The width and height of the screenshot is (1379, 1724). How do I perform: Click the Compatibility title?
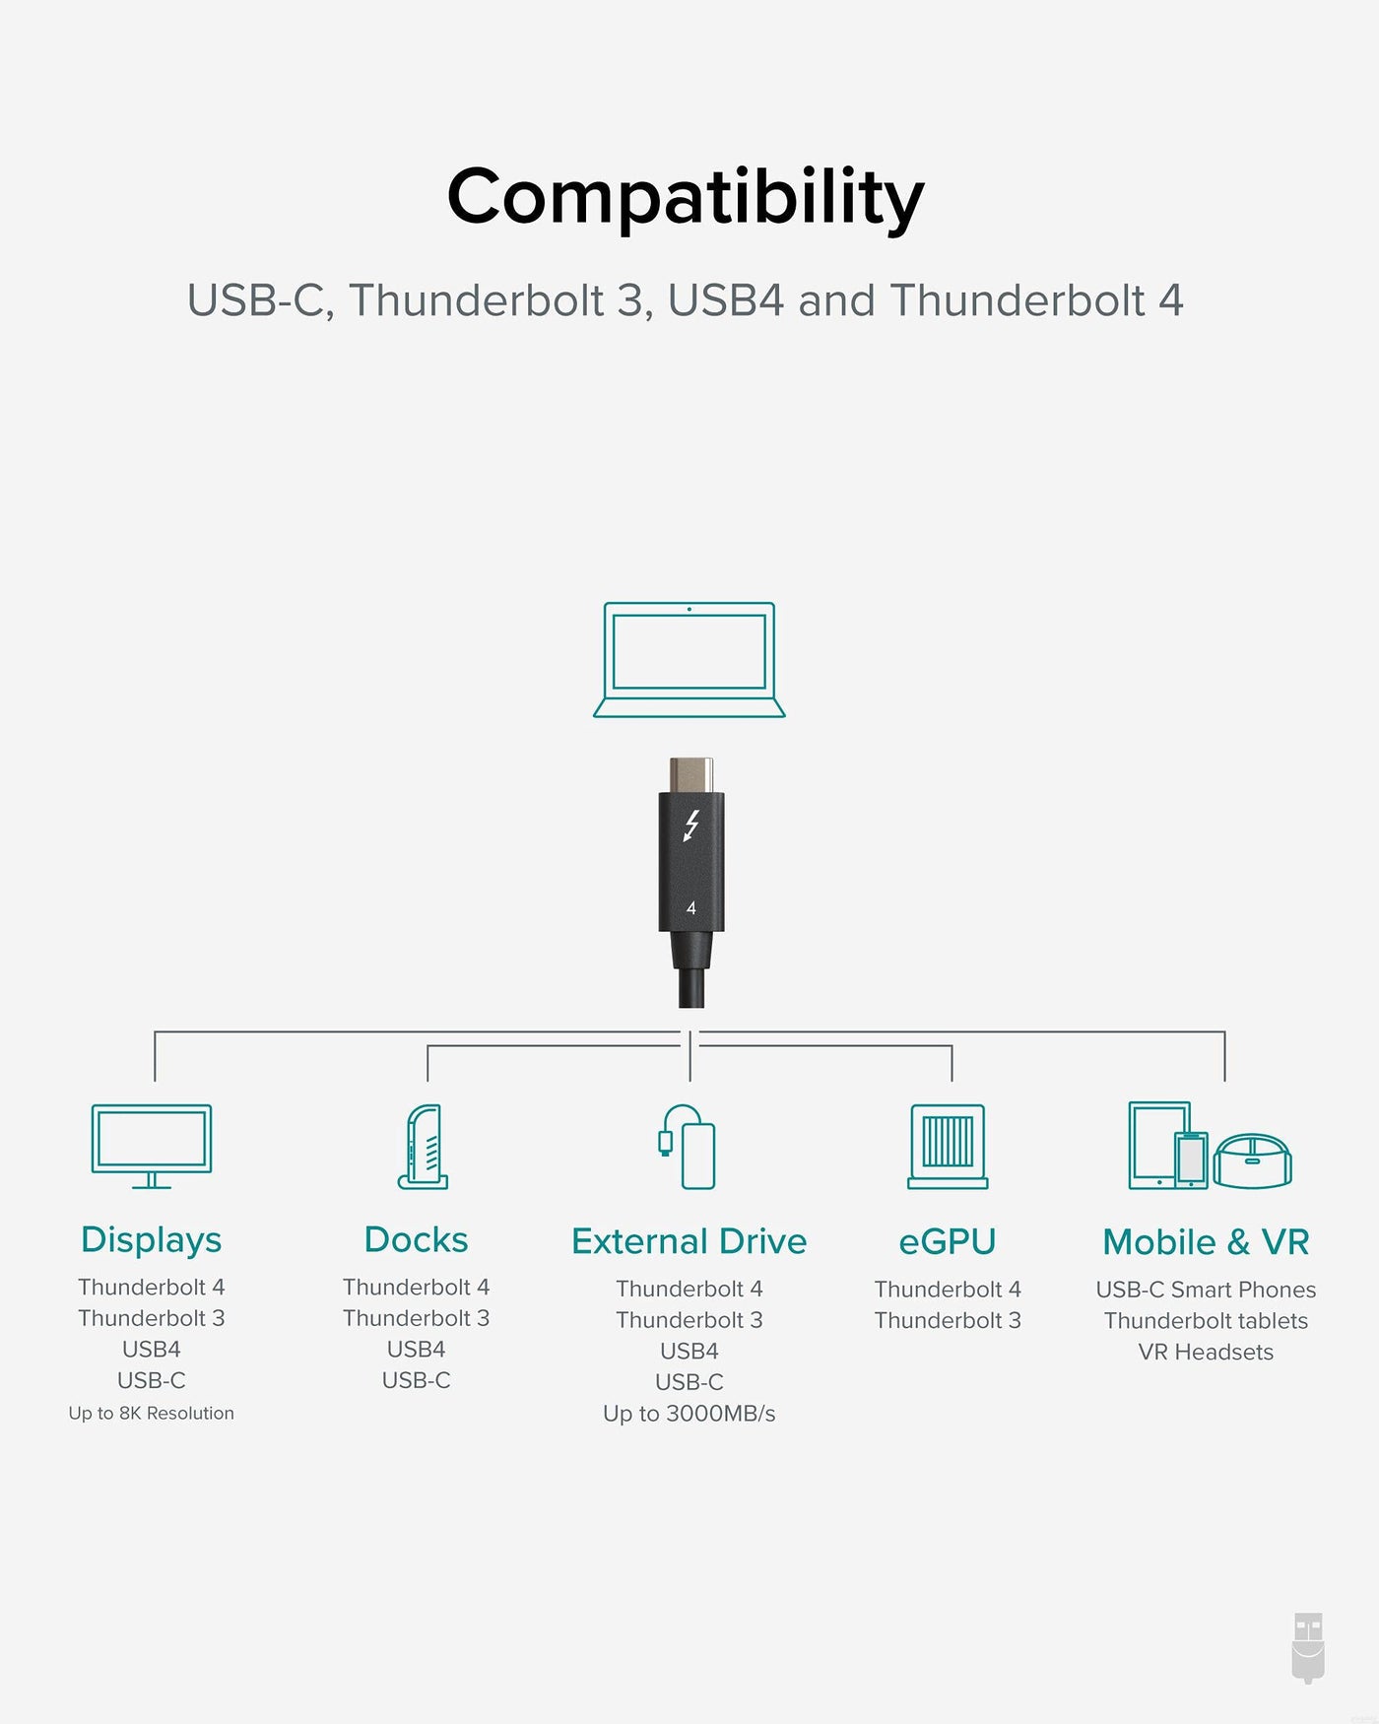[x=686, y=198]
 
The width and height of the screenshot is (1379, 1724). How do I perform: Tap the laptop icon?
[x=689, y=659]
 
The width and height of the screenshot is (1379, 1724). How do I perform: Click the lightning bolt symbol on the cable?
[x=691, y=826]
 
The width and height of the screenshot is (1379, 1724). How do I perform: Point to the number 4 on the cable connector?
[x=690, y=907]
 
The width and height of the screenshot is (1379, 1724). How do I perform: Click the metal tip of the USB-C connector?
[x=691, y=774]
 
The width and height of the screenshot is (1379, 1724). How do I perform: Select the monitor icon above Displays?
[x=152, y=1146]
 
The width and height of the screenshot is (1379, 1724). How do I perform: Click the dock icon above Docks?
[x=424, y=1147]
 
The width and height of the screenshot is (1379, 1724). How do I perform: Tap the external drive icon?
[x=688, y=1147]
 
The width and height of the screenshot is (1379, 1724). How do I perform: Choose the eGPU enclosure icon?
[x=948, y=1146]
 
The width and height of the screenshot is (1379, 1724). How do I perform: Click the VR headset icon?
[x=1253, y=1160]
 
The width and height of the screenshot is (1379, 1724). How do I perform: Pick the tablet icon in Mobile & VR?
[x=1159, y=1145]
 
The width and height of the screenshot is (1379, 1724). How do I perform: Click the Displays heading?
[x=152, y=1240]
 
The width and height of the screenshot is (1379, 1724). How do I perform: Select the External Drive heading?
[x=689, y=1241]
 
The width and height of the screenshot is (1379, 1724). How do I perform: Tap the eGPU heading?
[x=948, y=1241]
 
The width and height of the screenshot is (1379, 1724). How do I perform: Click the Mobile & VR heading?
[x=1206, y=1241]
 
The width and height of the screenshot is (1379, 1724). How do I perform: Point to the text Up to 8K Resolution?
[x=152, y=1413]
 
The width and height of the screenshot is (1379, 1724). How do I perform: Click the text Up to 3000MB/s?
[x=689, y=1414]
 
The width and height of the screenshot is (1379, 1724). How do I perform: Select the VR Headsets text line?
[x=1206, y=1352]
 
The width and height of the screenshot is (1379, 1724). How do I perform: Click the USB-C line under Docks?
[x=417, y=1380]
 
